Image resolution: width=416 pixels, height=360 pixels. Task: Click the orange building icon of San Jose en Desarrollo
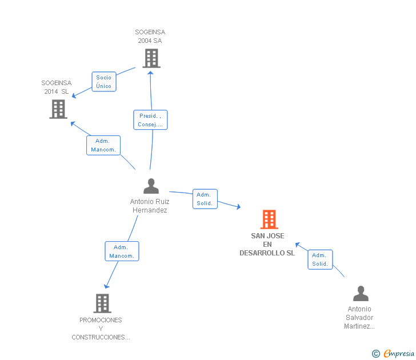coord(269,219)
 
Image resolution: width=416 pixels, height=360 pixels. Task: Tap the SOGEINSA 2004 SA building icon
coord(151,58)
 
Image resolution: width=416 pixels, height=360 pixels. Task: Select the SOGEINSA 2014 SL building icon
coord(58,109)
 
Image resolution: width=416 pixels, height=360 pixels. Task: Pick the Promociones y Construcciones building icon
coord(102,303)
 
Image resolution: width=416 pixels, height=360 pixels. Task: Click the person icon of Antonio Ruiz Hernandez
coord(151,186)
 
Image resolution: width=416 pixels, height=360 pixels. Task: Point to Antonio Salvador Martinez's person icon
coord(361,294)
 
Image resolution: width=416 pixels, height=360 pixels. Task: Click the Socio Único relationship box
coord(104,82)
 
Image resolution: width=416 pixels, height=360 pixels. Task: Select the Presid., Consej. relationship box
coord(150,120)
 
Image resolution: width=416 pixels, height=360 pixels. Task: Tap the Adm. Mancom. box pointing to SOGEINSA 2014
coord(103,145)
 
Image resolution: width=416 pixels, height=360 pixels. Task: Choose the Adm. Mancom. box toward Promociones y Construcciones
coord(122,251)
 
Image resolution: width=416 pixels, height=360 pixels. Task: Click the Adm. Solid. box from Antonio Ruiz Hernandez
coord(205,199)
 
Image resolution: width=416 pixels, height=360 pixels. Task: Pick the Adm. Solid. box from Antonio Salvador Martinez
coord(320,259)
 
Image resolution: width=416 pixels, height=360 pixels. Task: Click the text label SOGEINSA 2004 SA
coord(150,37)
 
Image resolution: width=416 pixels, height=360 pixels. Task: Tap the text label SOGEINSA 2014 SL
coord(57,87)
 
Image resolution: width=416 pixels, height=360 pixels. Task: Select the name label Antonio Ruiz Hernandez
coord(150,206)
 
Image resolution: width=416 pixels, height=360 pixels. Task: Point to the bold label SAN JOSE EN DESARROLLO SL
coord(267,245)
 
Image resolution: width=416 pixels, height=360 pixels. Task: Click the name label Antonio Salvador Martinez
coord(359,318)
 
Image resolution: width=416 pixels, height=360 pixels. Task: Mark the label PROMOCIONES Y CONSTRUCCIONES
coord(101,329)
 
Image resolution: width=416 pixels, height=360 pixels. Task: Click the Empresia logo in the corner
coord(398,353)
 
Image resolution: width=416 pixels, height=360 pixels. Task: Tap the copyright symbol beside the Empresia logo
coord(375,354)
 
